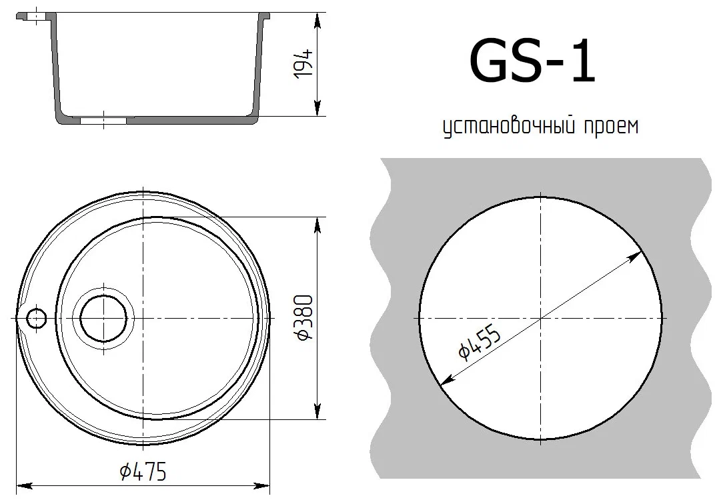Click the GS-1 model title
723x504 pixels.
(x=532, y=61)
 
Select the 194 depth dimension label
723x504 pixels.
(x=304, y=63)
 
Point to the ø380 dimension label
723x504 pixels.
(x=305, y=318)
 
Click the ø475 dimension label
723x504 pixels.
(x=143, y=471)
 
